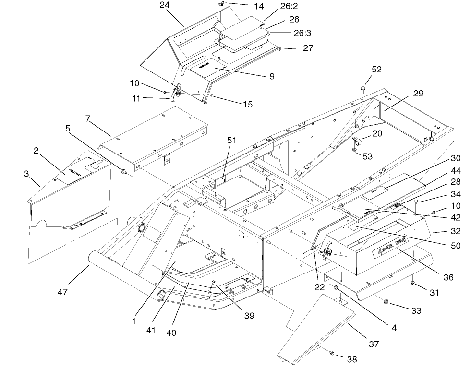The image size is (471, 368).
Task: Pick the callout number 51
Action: tap(232, 140)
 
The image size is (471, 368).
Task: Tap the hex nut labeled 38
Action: tap(331, 354)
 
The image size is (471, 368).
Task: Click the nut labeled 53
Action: tap(354, 150)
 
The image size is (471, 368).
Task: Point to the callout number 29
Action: tap(418, 94)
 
